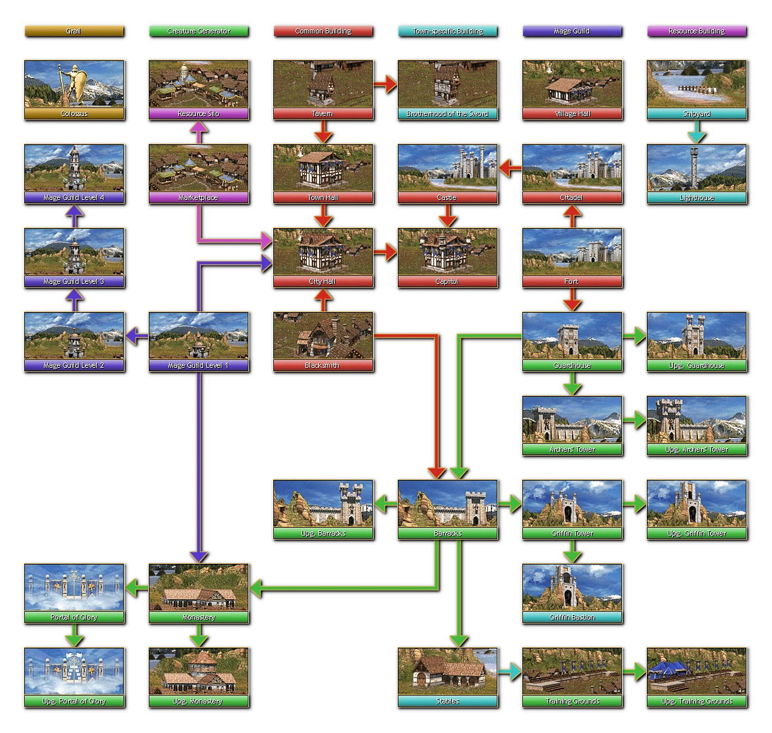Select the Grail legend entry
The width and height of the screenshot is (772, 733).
[73, 31]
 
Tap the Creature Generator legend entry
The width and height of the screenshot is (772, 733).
[198, 31]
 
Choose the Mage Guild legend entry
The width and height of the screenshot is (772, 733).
[571, 31]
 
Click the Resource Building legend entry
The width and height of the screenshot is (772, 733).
[696, 31]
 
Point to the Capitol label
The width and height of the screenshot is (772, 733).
[447, 282]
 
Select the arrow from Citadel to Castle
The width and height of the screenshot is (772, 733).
[510, 168]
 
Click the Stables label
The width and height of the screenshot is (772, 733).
[447, 702]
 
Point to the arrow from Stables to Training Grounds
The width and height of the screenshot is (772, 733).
[510, 671]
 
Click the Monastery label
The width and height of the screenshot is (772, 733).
[198, 618]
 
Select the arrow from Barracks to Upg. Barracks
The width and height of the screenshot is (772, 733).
[385, 504]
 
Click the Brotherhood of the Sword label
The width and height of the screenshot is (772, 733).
[447, 114]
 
